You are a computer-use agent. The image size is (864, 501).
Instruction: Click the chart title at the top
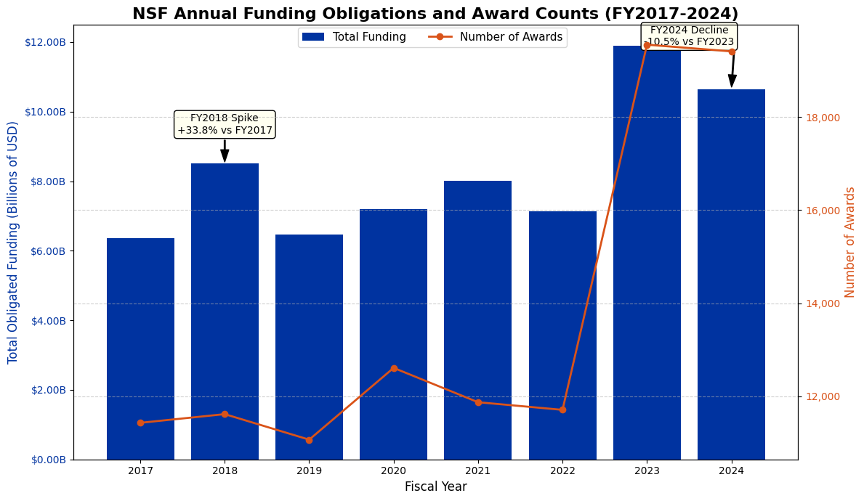pos(435,14)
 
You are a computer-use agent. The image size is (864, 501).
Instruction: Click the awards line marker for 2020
pos(394,368)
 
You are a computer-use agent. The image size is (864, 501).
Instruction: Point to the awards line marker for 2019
pos(309,440)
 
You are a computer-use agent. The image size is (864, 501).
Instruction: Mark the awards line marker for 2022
pos(562,410)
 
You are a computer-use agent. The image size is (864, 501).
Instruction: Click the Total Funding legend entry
pos(355,37)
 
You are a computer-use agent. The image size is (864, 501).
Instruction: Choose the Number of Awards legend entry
pos(496,37)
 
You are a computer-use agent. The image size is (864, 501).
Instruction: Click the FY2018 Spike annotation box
pos(225,124)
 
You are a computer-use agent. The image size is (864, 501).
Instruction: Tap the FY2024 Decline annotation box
pos(690,36)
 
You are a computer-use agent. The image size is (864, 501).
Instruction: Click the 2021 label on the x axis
pos(478,471)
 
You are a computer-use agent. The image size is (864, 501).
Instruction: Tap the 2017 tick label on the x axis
pos(140,471)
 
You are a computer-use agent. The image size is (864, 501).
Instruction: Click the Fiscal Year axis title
pos(435,487)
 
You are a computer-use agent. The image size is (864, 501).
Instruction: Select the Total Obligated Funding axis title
pos(13,243)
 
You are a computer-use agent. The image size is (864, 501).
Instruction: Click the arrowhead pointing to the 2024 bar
pos(732,80)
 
